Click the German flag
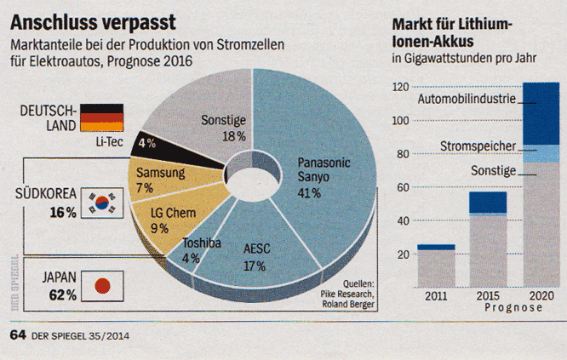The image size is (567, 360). (x=102, y=117)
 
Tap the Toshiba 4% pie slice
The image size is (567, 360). (x=204, y=252)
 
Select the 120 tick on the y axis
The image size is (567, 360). (x=399, y=87)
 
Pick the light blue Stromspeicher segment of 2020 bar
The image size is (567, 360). (x=541, y=153)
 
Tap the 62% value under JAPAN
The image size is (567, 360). (x=62, y=295)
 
